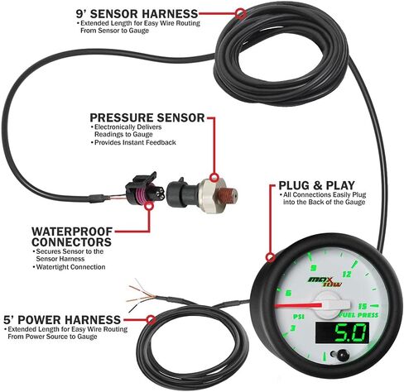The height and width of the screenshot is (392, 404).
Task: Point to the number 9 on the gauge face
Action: coord(310,267)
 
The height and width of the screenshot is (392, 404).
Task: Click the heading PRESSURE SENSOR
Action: coord(146,118)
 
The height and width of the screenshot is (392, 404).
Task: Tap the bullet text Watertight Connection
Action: coord(70,266)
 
